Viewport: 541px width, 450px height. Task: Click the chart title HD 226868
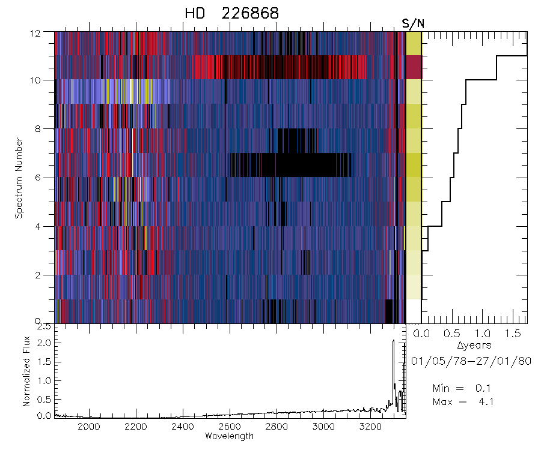[x=232, y=13]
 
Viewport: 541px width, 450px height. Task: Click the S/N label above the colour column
[x=413, y=23]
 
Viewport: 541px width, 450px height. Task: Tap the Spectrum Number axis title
[x=19, y=178]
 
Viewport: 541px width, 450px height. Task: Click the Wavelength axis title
[x=229, y=436]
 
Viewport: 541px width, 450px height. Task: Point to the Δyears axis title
[x=474, y=345]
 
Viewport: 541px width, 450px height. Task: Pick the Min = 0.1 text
[x=463, y=389]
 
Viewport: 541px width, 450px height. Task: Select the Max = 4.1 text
[x=463, y=401]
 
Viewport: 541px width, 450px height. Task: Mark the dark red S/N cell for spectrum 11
[x=414, y=67]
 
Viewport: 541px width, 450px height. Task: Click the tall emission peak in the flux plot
[x=393, y=342]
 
